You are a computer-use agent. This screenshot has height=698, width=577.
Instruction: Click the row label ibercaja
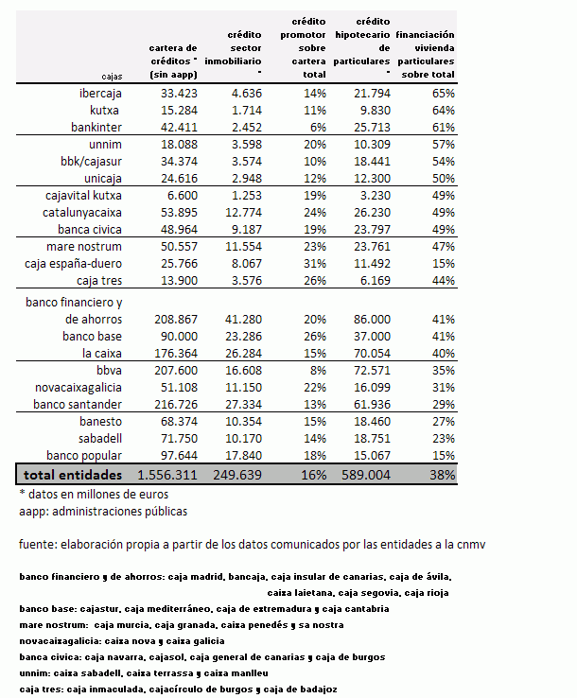coord(99,94)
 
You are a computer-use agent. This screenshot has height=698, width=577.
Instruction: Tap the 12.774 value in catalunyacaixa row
coord(242,212)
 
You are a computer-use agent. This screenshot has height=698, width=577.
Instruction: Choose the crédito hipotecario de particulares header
coord(362,45)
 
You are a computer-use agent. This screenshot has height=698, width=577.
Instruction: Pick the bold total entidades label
coord(73,474)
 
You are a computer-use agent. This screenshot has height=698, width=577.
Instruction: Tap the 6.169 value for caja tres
coord(372,281)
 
